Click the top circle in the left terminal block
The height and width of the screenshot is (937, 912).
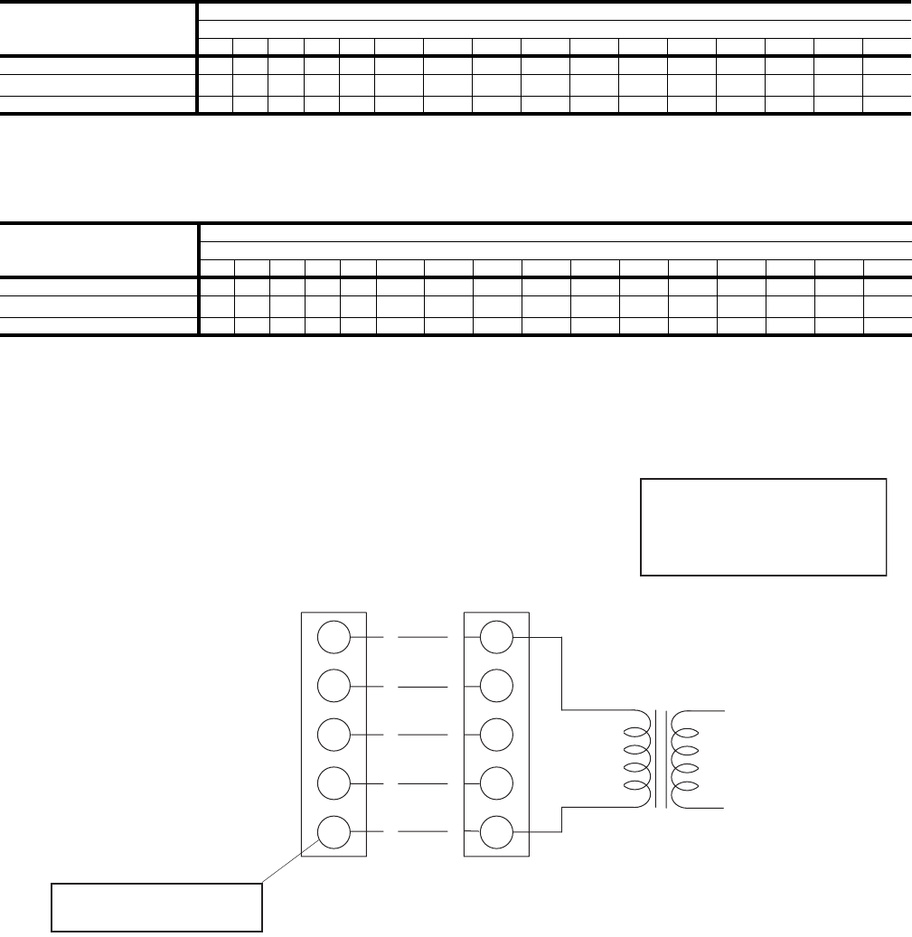pyautogui.click(x=333, y=638)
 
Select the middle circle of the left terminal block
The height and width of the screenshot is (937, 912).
pyautogui.click(x=333, y=734)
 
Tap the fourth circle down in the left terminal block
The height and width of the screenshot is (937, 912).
pyautogui.click(x=333, y=782)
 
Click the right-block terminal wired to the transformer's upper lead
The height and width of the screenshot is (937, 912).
pyautogui.click(x=495, y=638)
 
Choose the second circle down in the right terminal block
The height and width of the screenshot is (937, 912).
pyautogui.click(x=495, y=686)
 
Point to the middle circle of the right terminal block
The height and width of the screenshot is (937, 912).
pyautogui.click(x=495, y=734)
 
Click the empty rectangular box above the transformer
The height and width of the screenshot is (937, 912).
pyautogui.click(x=763, y=527)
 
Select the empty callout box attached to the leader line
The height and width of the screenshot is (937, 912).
pyautogui.click(x=156, y=906)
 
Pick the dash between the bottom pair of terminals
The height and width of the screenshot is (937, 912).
pyautogui.click(x=421, y=829)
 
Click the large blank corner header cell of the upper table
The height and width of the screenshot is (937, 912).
pyautogui.click(x=98, y=27)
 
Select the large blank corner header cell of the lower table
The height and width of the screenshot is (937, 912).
pyautogui.click(x=98, y=248)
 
